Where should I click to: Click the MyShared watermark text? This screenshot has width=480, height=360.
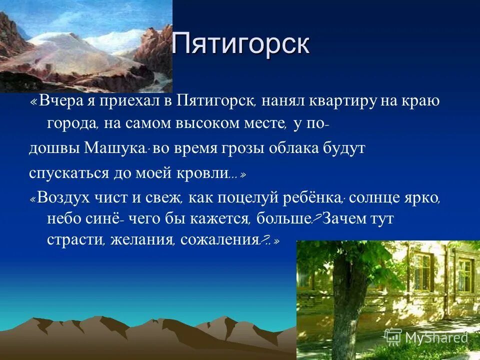tap(436, 337)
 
